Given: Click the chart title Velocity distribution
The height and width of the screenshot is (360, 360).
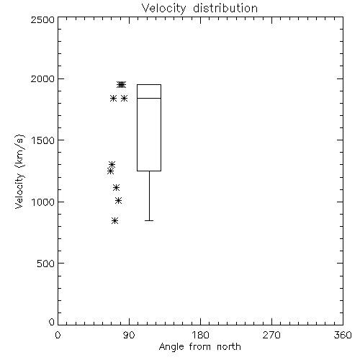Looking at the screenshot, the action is pyautogui.click(x=199, y=9).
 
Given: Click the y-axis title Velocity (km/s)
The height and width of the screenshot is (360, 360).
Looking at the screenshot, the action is pyautogui.click(x=19, y=171).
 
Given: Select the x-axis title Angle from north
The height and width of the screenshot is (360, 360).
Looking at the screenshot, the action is pyautogui.click(x=200, y=347).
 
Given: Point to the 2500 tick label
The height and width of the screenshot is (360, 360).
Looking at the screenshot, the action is pyautogui.click(x=42, y=19).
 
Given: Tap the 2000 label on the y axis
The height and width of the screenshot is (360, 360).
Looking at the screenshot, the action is pyautogui.click(x=42, y=78).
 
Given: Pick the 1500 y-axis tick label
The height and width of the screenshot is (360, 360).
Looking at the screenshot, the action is pyautogui.click(x=43, y=140).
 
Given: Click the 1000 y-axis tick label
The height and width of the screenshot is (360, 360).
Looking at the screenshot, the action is pyautogui.click(x=43, y=202).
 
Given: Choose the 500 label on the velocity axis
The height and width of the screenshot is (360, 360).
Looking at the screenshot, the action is pyautogui.click(x=46, y=264).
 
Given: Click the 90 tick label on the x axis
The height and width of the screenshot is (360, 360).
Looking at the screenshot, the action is pyautogui.click(x=129, y=335).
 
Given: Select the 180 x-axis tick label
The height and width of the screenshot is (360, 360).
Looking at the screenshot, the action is pyautogui.click(x=200, y=335).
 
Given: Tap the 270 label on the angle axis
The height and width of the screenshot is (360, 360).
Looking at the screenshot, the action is pyautogui.click(x=271, y=335).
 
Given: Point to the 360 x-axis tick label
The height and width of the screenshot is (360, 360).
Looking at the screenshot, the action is pyautogui.click(x=343, y=335).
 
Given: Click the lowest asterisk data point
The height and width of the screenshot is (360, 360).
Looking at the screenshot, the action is pyautogui.click(x=115, y=220).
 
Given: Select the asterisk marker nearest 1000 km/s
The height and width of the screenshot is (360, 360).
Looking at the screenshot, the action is pyautogui.click(x=118, y=200).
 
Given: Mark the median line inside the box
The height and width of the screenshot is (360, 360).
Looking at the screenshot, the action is pyautogui.click(x=149, y=98).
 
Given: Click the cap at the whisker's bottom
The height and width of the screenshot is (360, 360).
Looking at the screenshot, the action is pyautogui.click(x=149, y=220).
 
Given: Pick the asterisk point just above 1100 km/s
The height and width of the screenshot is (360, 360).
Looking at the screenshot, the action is pyautogui.click(x=117, y=187).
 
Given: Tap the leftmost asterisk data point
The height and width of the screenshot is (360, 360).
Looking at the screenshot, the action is pyautogui.click(x=110, y=171).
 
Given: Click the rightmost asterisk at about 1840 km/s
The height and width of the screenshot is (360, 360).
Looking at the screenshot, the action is pyautogui.click(x=124, y=98).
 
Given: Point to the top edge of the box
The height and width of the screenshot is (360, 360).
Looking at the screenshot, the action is pyautogui.click(x=149, y=84).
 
